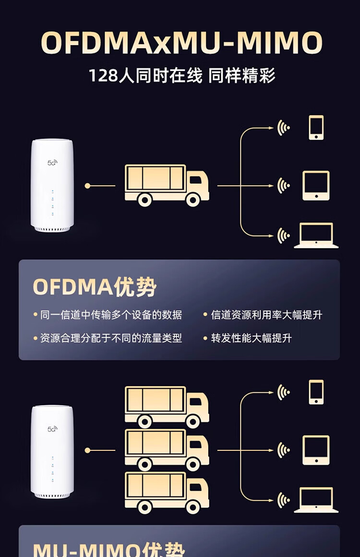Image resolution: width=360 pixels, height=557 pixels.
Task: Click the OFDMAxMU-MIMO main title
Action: pos(181,43)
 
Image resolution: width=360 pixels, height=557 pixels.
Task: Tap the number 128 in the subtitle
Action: pos(103,76)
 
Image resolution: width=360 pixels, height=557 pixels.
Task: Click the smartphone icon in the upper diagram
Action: pos(316,128)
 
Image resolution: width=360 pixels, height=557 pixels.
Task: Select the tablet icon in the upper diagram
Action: pos(316,185)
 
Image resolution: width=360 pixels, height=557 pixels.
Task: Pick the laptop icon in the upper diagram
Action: pos(316,236)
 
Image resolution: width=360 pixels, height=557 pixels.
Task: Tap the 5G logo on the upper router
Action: pos(52,163)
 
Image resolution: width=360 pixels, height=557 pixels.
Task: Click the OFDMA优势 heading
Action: pos(95,287)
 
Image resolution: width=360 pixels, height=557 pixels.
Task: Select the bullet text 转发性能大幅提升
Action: pos(251,338)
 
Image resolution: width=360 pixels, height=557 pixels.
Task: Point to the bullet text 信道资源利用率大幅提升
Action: pos(266,315)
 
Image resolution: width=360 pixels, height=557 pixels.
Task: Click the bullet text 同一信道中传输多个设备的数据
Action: pos(111,315)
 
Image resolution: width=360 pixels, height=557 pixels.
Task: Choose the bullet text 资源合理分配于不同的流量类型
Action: pos(111,338)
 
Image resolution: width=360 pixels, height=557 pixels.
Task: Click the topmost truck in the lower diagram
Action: pos(167,406)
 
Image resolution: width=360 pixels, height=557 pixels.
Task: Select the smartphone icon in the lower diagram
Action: pos(316,392)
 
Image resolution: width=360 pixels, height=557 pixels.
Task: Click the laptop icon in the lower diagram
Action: pos(316,500)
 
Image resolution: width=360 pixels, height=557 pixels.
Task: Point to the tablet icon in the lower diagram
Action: pos(316,450)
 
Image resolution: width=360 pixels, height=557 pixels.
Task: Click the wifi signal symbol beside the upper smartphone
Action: pos(284,128)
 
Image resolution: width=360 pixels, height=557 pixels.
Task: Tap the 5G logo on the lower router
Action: pos(52,428)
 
